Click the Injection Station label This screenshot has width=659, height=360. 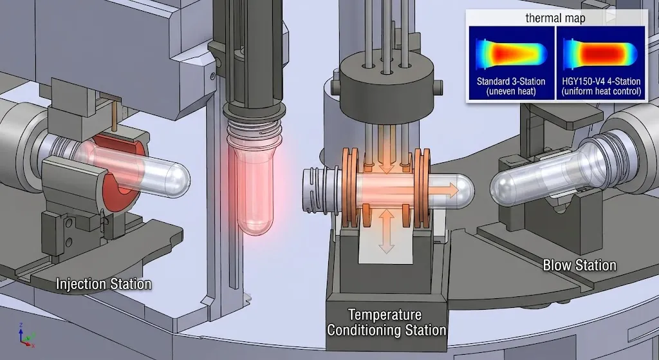click(104, 283)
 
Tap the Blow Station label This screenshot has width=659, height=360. click(579, 265)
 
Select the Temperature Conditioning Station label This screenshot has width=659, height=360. click(386, 322)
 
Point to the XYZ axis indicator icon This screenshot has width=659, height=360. click(26, 336)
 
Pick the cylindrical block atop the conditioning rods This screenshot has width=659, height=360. click(386, 80)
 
